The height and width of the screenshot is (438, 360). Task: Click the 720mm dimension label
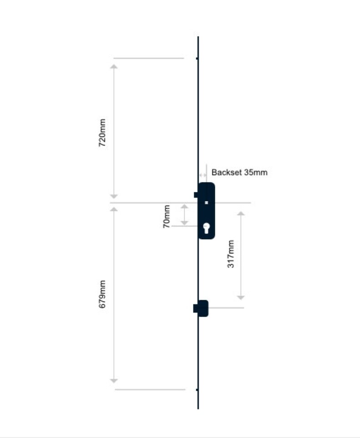point(102,133)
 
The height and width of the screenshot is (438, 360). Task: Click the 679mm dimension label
point(102,294)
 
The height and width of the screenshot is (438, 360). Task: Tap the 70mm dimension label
point(166,216)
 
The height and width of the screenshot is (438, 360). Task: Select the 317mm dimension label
point(231,254)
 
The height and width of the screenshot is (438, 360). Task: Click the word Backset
point(226,172)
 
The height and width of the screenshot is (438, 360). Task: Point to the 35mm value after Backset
point(256,172)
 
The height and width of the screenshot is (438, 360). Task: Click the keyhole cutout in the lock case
point(206,228)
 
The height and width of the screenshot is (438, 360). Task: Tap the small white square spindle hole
point(206,202)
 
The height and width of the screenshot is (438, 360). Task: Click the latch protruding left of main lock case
point(196,195)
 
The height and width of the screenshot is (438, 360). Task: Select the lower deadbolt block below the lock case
point(201,308)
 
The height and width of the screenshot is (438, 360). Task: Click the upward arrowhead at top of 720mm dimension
point(114,66)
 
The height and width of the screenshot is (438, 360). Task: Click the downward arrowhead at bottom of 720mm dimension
point(114,196)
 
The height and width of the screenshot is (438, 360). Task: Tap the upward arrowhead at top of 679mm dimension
point(114,209)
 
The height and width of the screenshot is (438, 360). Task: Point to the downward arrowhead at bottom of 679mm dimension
point(114,381)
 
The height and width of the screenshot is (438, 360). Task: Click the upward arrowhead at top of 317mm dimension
point(241,214)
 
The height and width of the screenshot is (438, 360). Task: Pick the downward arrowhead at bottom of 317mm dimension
point(241,297)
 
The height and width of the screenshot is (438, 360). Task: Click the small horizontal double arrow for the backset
point(203,176)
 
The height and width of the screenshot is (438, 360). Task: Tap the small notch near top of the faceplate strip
point(197,58)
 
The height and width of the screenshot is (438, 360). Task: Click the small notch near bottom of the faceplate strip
point(197,390)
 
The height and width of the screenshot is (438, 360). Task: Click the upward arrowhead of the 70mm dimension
point(184,206)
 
